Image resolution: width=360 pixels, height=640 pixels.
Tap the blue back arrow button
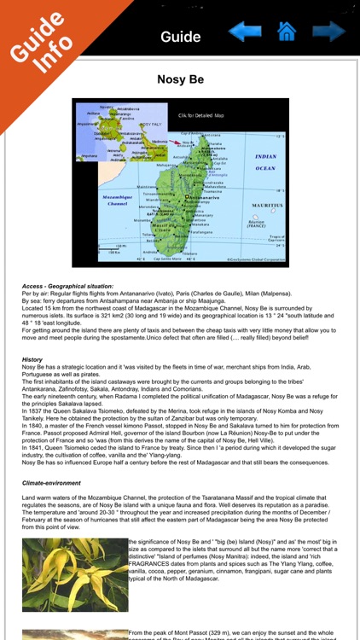(245, 33)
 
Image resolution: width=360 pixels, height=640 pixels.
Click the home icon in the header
(287, 32)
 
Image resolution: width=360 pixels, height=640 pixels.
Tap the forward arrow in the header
(328, 32)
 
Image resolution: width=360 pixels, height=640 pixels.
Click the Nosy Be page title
(180, 79)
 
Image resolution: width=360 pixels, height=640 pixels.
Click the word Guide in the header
(180, 37)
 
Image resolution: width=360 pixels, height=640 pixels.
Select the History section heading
(32, 359)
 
